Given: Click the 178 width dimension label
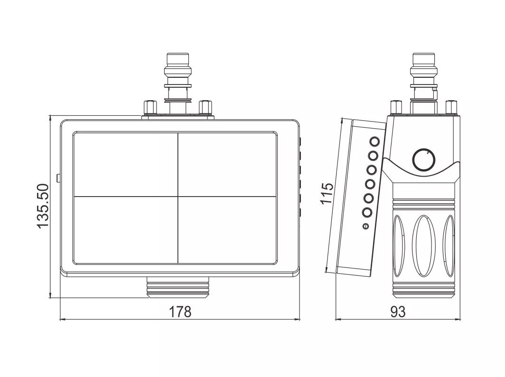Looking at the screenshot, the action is tap(180, 311).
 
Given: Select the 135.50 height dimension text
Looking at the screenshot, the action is tap(42, 207).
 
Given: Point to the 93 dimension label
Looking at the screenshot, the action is tap(398, 311).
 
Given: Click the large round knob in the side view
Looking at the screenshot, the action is tap(424, 160).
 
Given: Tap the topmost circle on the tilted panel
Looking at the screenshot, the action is tap(375, 141).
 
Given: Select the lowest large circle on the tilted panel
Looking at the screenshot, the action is tap(367, 212).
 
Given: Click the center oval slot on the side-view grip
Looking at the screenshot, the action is tap(424, 246).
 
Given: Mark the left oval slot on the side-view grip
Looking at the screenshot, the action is tap(399, 246).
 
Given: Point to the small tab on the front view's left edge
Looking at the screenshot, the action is tap(58, 178).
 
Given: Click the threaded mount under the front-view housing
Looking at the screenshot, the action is tap(178, 287).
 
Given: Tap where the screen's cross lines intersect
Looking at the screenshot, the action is tap(178, 196).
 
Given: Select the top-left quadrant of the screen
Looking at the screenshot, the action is tap(126, 164).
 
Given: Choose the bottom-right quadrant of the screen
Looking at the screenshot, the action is tap(227, 229).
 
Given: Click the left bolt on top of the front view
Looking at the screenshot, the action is tap(150, 108).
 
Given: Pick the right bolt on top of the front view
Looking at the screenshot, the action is tap(206, 108).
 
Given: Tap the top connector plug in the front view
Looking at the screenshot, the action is tap(178, 83).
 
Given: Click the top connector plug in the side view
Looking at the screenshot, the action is tap(424, 83).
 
